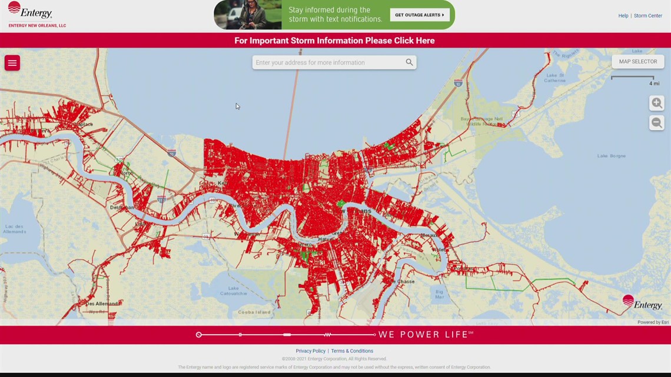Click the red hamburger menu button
click(12, 63)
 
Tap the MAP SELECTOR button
click(637, 62)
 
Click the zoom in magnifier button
click(656, 103)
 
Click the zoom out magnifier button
click(656, 123)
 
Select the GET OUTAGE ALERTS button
click(420, 15)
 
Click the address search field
click(327, 62)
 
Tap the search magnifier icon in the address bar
click(409, 62)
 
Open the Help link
click(623, 16)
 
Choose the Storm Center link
click(647, 16)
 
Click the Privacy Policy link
click(310, 351)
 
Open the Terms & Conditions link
click(352, 351)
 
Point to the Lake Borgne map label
click(611, 156)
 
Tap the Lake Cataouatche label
click(234, 291)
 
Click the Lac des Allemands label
click(14, 229)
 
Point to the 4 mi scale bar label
click(654, 84)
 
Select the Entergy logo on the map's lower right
click(642, 303)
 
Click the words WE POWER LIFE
click(425, 335)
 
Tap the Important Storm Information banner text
click(334, 41)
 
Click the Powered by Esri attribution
click(653, 322)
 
